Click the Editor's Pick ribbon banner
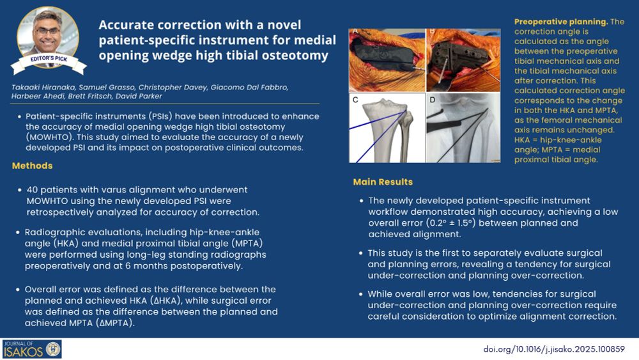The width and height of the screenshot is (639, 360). [49, 63]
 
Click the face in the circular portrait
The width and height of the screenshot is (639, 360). [48, 32]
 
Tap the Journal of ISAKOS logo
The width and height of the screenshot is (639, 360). [32, 349]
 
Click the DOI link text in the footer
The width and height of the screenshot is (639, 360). [554, 349]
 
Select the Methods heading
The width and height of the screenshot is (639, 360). [32, 166]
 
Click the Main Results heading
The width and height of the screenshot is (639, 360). [383, 182]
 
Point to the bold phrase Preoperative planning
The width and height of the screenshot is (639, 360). [561, 22]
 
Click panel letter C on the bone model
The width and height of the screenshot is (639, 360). [355, 100]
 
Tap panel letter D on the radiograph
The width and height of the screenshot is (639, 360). [433, 100]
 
